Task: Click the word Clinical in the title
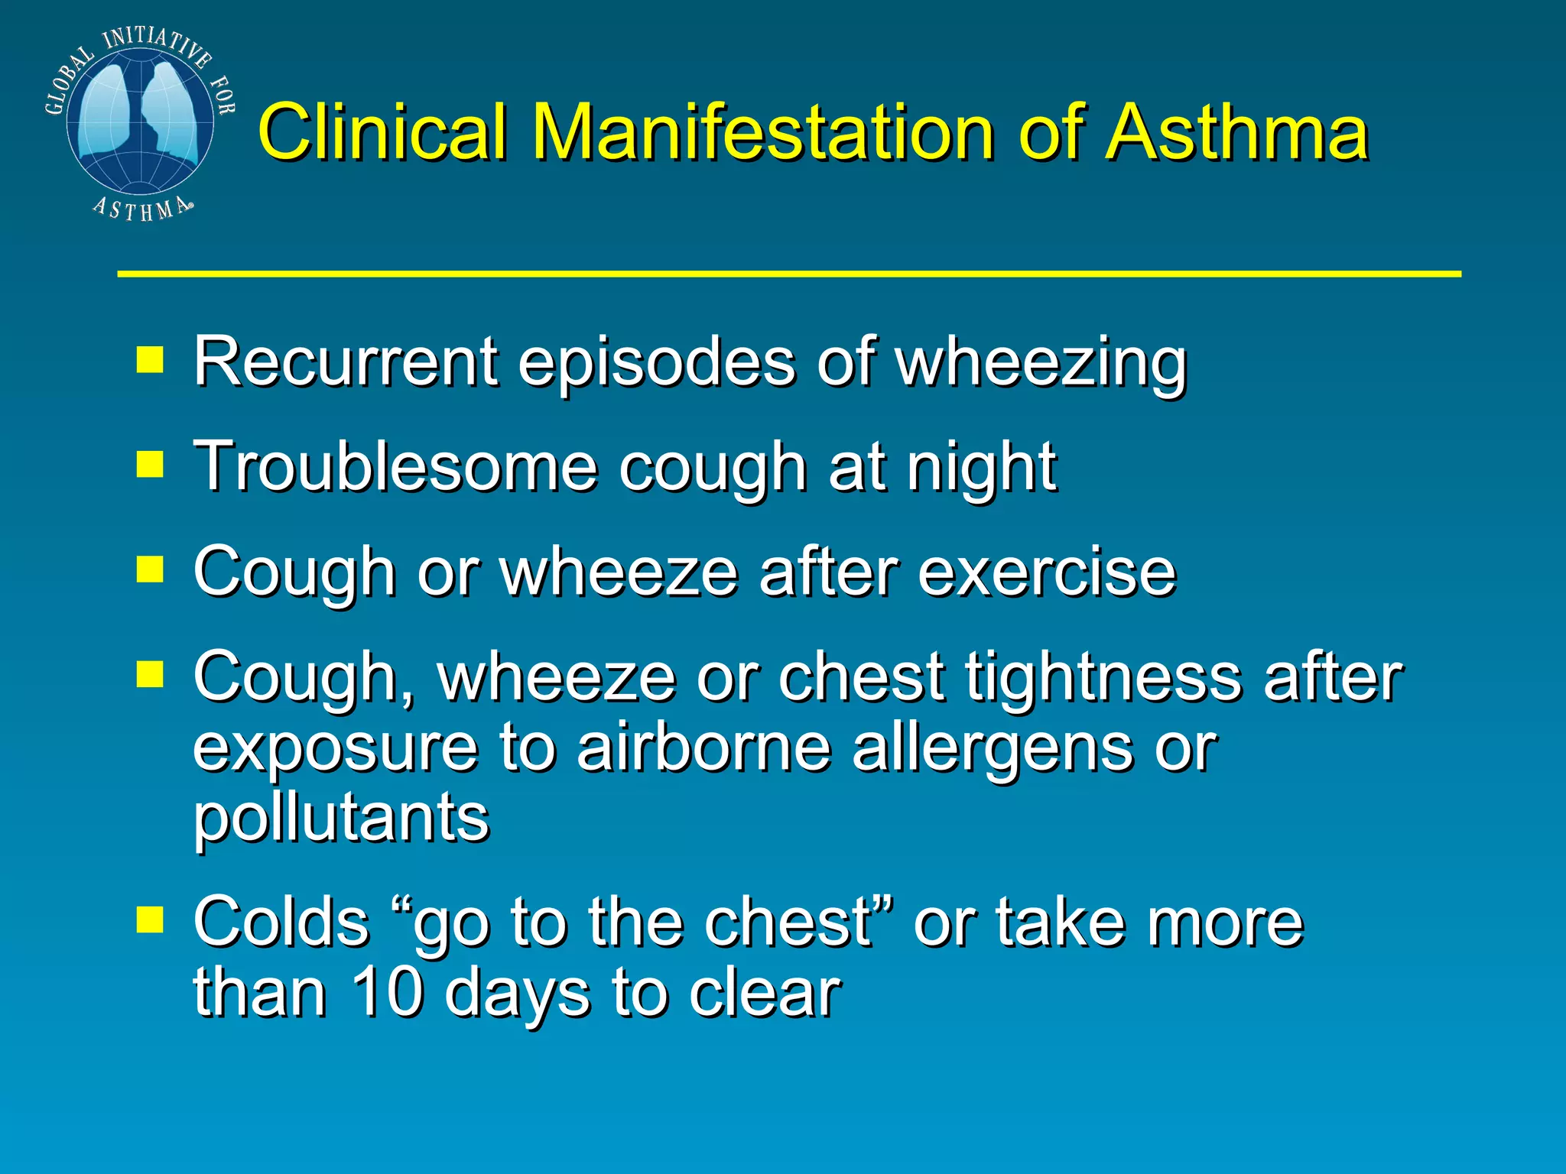point(382,133)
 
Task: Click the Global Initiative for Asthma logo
point(139,122)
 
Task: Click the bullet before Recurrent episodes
point(150,359)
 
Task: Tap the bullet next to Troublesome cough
point(150,463)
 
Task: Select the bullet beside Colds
point(150,920)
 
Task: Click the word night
point(982,468)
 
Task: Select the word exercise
point(1047,572)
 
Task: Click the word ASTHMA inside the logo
point(142,208)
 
